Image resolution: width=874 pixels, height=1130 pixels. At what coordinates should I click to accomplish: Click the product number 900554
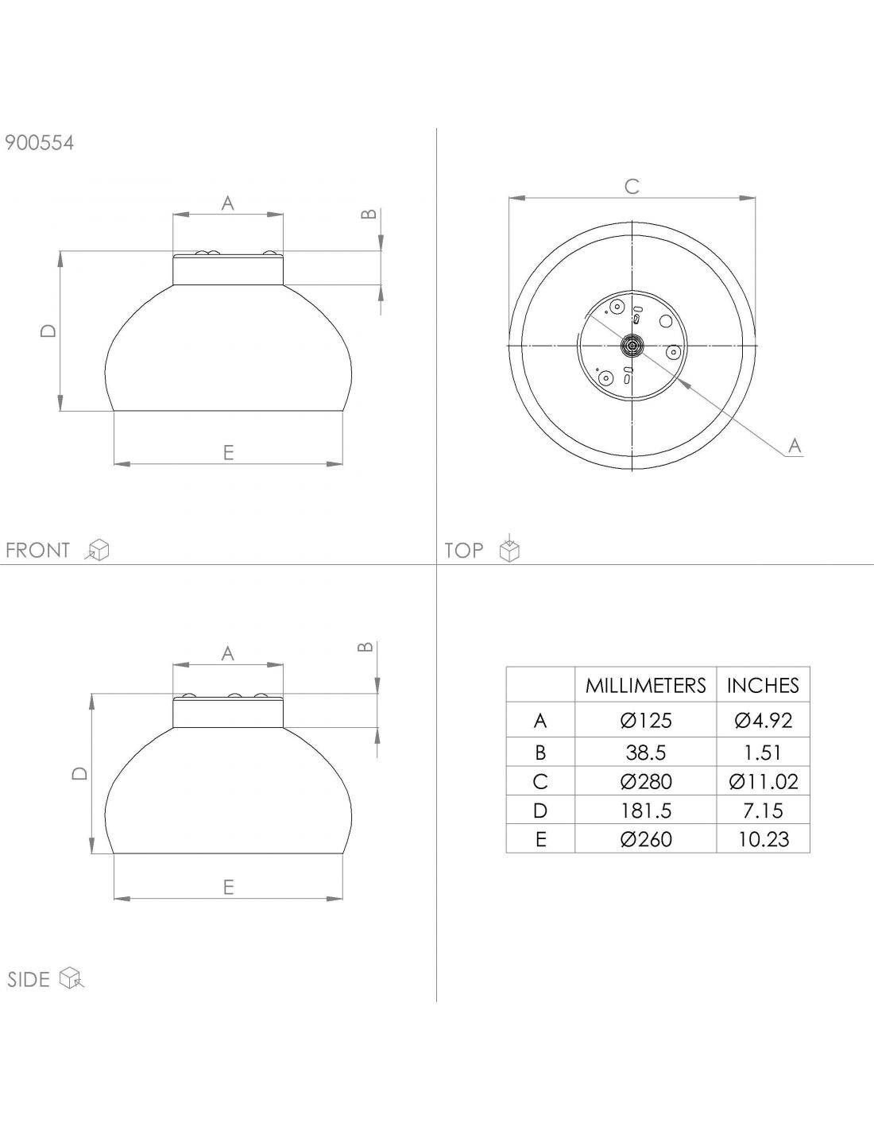click(x=40, y=142)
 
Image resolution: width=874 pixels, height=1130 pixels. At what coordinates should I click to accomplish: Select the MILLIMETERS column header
click(x=645, y=685)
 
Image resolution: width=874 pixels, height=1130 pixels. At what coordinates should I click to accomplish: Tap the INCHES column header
click(x=763, y=685)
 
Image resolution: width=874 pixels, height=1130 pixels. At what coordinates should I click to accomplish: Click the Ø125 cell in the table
click(x=646, y=720)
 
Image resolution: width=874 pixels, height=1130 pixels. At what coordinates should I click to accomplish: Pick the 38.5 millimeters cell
click(x=646, y=753)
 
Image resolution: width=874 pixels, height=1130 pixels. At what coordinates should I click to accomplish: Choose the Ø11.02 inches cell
click(x=764, y=782)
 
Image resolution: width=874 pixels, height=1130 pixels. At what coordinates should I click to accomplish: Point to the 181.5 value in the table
click(x=646, y=811)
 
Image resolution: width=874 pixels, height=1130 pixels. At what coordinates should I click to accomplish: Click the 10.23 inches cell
click(x=764, y=839)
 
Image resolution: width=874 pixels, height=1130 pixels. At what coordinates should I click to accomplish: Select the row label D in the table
click(x=540, y=811)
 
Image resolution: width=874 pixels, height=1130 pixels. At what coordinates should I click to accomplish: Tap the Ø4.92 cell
click(x=764, y=720)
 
